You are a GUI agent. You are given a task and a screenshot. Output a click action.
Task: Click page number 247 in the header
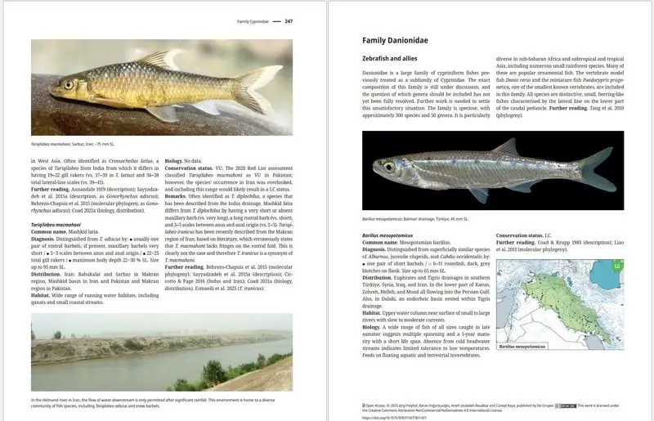(289, 21)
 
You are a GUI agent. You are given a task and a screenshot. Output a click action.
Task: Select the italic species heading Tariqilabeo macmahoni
(56, 223)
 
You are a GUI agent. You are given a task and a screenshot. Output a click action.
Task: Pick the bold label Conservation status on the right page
(524, 235)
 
